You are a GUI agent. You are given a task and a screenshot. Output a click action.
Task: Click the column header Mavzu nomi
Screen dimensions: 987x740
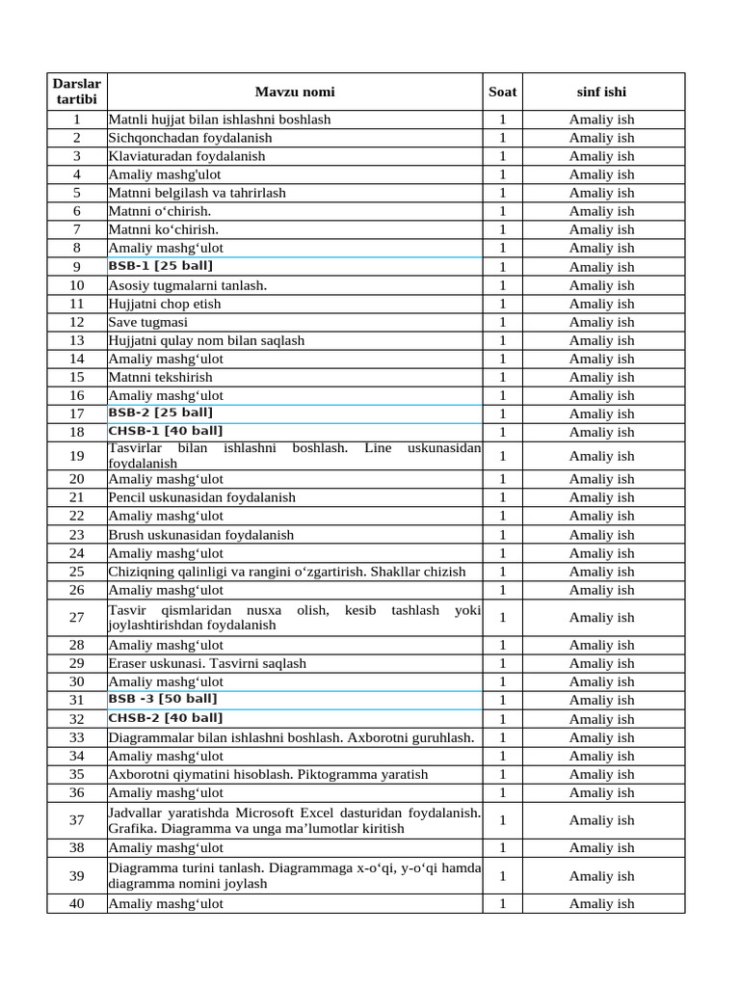click(295, 93)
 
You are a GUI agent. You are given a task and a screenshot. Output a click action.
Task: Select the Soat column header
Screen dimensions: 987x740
click(502, 93)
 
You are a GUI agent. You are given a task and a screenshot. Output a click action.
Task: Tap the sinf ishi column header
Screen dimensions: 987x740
click(601, 93)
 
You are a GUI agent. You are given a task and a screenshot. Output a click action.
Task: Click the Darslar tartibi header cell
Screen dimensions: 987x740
click(76, 93)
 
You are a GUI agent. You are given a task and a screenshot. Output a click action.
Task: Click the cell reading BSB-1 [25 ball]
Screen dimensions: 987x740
click(160, 266)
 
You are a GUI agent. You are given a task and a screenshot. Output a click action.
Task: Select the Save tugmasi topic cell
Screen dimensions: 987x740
click(147, 322)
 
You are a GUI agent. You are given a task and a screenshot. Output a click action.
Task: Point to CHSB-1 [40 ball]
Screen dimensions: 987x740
click(165, 431)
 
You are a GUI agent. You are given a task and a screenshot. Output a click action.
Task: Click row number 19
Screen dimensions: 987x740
click(77, 456)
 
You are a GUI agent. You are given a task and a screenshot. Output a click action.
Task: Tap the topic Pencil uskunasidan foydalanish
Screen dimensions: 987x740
click(201, 497)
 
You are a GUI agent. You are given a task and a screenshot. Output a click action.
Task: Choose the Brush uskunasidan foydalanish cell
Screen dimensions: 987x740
click(200, 535)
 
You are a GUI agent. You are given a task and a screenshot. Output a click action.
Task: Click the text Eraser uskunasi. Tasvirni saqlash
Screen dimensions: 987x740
click(207, 663)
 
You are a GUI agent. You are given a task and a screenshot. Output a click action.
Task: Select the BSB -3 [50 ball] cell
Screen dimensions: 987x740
click(162, 699)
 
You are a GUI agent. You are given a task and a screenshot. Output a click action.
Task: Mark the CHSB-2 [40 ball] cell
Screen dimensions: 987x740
click(165, 718)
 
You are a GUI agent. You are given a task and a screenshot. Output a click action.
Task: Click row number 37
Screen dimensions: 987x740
click(77, 820)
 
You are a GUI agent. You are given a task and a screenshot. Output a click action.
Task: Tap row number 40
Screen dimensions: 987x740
click(77, 904)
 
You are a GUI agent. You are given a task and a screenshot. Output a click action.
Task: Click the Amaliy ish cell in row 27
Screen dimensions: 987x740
click(601, 618)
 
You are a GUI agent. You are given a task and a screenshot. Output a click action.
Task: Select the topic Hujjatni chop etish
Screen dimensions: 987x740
click(164, 304)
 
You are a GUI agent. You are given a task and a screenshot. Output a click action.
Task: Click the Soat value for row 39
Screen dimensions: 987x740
click(502, 876)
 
